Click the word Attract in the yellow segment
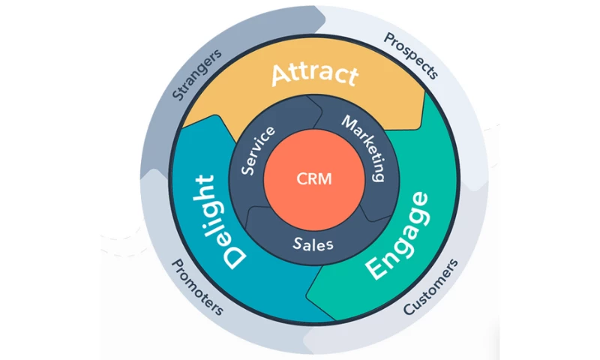(x=314, y=74)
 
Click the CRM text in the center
(x=313, y=179)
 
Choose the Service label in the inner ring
(x=259, y=151)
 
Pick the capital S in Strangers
(x=178, y=95)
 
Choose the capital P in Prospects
(x=388, y=38)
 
